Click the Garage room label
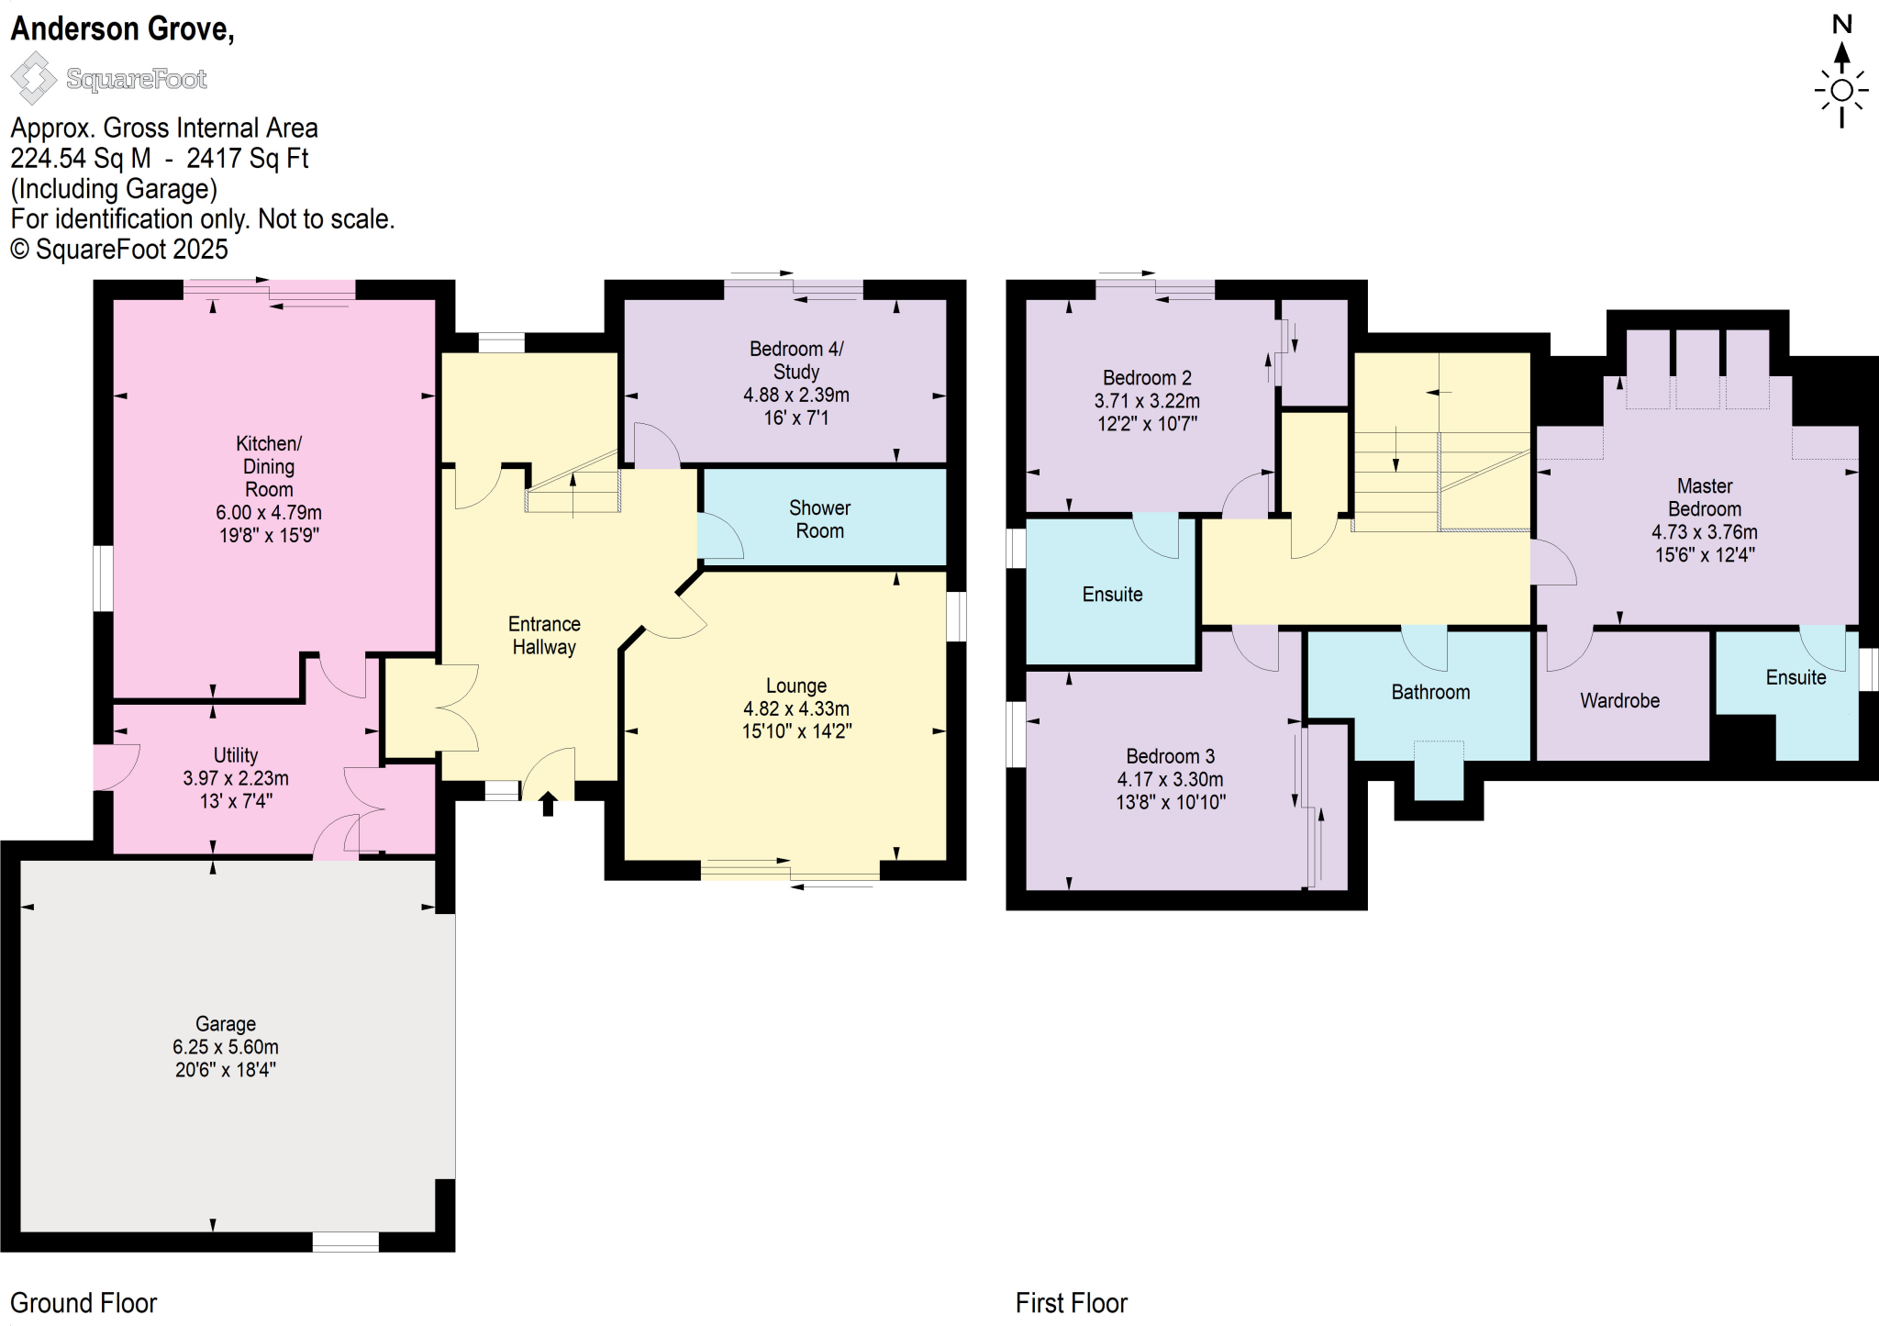tap(226, 1023)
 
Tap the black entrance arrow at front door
tap(548, 805)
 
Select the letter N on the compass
tap(1841, 25)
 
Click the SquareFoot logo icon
tap(33, 78)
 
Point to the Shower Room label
tap(819, 519)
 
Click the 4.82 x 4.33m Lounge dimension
tap(795, 708)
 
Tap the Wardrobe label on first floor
tap(1619, 701)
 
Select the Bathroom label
tap(1430, 692)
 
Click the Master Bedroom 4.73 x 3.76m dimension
tap(1704, 532)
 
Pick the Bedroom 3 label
tap(1170, 756)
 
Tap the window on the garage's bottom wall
tap(345, 1242)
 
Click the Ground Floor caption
tap(83, 1303)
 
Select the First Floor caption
tap(1071, 1303)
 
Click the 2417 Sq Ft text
tap(247, 159)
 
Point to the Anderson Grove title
tap(122, 28)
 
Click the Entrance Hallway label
tap(544, 635)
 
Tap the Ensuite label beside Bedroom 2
tap(1112, 595)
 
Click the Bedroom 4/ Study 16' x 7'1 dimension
tap(795, 418)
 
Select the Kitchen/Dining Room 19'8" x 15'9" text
tap(268, 535)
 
